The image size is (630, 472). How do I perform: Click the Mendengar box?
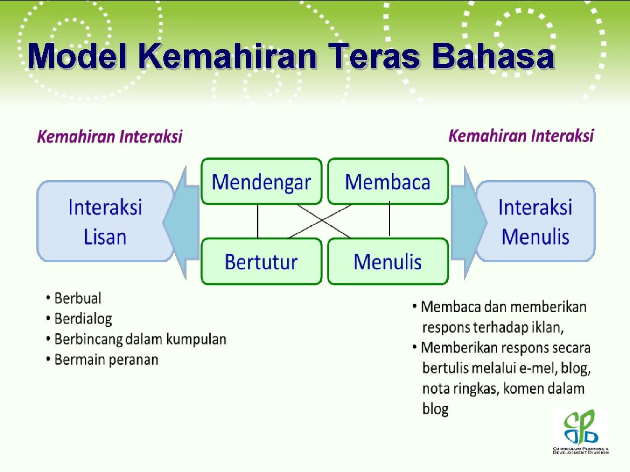262,181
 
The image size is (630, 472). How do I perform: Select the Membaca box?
388,181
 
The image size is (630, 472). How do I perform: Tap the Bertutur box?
262,261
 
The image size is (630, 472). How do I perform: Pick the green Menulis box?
388,261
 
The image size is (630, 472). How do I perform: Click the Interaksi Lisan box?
105,221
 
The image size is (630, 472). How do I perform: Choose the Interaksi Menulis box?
535,221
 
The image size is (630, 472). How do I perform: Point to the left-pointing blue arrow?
181,222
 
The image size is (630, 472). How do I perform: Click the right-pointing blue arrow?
468,222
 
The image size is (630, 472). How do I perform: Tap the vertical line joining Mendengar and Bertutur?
257,221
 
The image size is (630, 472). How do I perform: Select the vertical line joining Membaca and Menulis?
389,218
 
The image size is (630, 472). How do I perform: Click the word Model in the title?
77,56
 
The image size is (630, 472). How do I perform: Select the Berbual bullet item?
74,298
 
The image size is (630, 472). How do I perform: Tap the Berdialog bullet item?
79,319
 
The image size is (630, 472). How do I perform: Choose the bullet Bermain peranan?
102,360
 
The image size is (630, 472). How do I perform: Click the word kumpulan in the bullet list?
196,339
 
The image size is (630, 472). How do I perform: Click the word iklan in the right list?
548,327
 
